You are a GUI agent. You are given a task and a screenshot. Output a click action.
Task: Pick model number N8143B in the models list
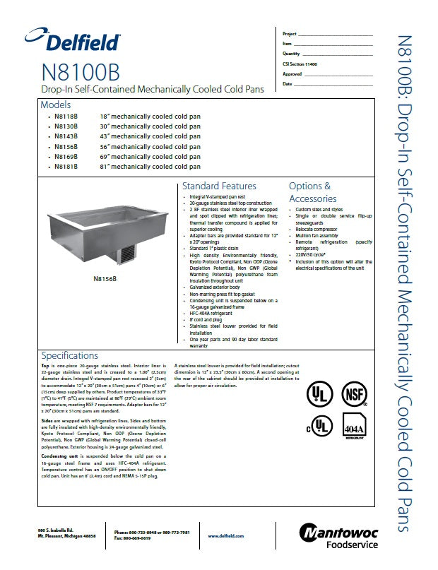(x=66, y=136)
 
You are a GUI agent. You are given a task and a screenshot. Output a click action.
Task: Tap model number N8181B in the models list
(x=66, y=167)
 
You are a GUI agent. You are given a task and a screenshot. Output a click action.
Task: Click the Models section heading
(x=56, y=105)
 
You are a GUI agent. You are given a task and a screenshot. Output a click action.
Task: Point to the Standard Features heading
(x=219, y=186)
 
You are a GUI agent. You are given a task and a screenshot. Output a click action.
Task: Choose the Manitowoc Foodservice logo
(x=338, y=536)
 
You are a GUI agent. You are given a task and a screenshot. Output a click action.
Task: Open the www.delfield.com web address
(x=226, y=536)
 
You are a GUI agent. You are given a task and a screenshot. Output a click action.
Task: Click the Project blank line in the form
(x=336, y=34)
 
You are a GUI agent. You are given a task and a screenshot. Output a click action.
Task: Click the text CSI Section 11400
(x=300, y=64)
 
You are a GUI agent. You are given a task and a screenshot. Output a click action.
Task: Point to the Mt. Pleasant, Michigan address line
(x=67, y=538)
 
